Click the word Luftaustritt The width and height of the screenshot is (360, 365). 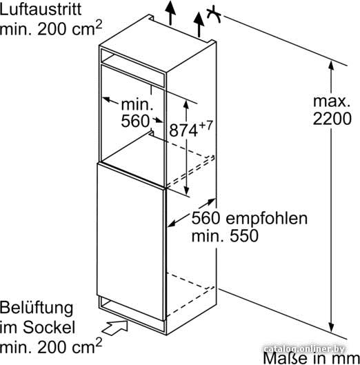pos(41,9)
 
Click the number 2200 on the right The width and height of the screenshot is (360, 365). pos(332,119)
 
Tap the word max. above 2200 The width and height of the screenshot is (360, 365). pos(332,101)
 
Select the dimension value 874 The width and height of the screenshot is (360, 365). pos(183,130)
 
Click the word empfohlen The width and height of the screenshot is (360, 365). pos(267,219)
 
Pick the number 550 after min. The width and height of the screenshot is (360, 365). pos(244,235)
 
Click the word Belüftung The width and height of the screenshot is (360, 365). pos(37,308)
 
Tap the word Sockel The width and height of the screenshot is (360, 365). pos(49,327)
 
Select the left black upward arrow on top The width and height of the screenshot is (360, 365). pos(170,13)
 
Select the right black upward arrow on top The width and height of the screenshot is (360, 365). pos(199,24)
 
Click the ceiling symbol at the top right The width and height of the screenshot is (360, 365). pos(214,15)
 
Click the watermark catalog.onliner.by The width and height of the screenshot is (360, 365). pos(305,349)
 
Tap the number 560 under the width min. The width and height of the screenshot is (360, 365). pos(135,121)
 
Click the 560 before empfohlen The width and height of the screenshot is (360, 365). pos(206,218)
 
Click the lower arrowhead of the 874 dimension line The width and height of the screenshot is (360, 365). pos(186,190)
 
